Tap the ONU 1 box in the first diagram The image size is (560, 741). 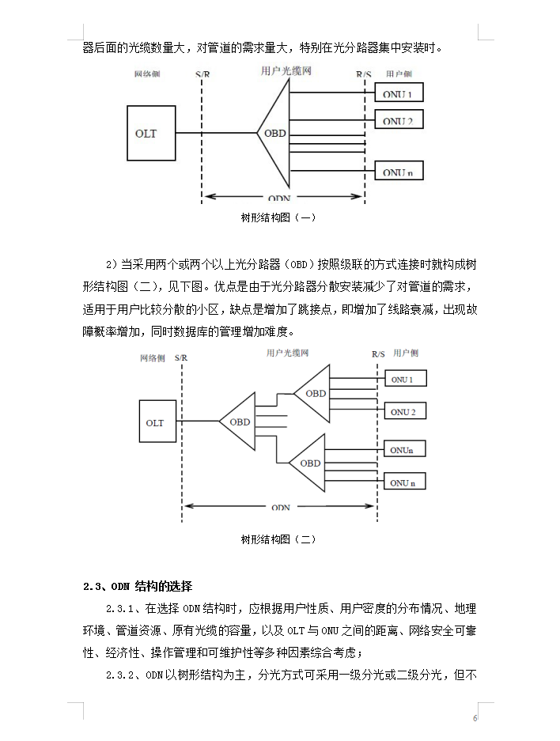pyautogui.click(x=399, y=93)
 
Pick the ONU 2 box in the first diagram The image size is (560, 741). pyautogui.click(x=399, y=119)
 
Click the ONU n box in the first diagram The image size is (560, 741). pyautogui.click(x=399, y=171)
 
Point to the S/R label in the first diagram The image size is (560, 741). pyautogui.click(x=202, y=74)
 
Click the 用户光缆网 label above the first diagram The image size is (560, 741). pyautogui.click(x=286, y=71)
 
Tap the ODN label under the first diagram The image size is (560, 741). pyautogui.click(x=279, y=198)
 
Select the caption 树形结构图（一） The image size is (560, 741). pyautogui.click(x=278, y=217)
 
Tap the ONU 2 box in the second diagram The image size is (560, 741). pyautogui.click(x=405, y=411)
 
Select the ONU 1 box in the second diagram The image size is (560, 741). pyautogui.click(x=405, y=379)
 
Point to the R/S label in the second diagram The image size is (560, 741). pyautogui.click(x=378, y=354)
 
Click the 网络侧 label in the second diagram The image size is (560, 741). pyautogui.click(x=152, y=358)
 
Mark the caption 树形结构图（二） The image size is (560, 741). pyautogui.click(x=278, y=539)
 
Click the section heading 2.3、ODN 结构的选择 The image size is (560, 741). pyautogui.click(x=138, y=587)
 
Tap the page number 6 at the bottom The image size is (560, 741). pyautogui.click(x=475, y=718)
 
